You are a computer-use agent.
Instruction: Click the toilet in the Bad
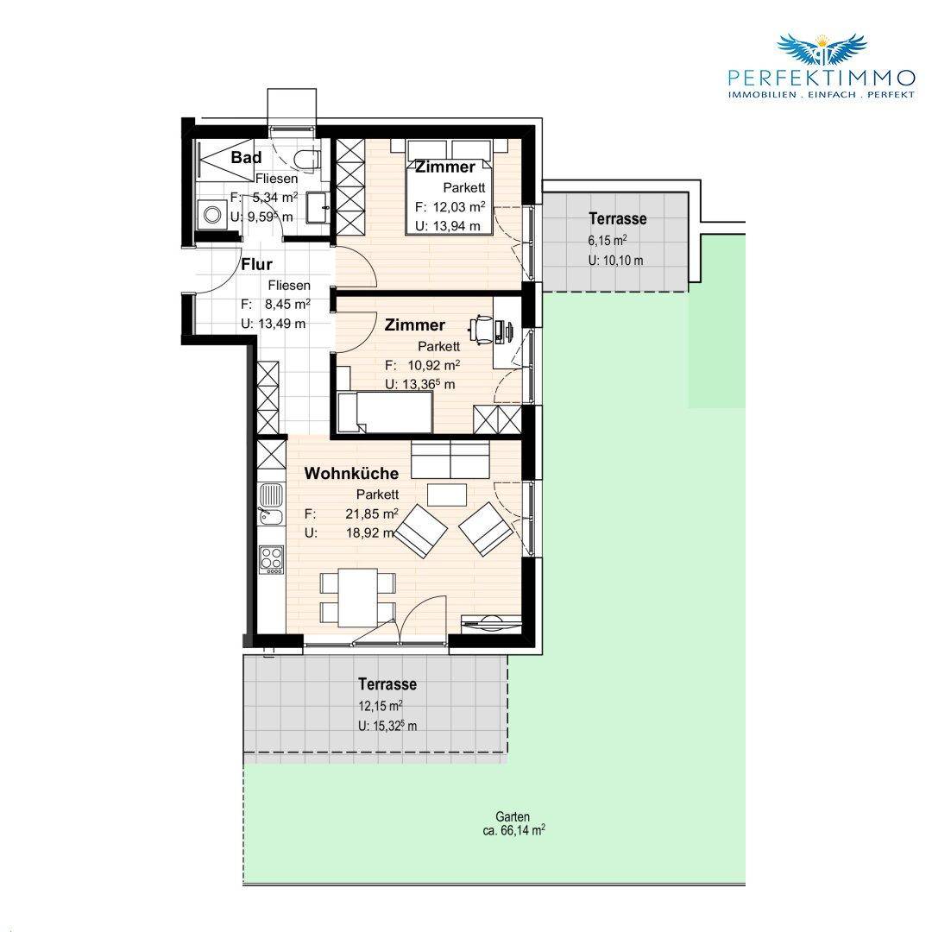307,159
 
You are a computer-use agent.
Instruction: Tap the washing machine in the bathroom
211,215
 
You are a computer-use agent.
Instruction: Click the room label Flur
257,264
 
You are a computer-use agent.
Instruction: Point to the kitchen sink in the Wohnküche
271,504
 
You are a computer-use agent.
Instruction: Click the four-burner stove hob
271,559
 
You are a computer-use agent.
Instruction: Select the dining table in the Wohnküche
358,597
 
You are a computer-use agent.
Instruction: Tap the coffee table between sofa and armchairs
447,494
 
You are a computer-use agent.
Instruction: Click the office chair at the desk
482,330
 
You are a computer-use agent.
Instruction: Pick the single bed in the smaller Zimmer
384,412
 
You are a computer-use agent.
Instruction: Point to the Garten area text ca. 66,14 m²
513,830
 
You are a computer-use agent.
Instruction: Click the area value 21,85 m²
372,513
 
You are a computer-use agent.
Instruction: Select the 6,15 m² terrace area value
608,240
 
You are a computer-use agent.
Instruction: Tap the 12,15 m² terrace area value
381,706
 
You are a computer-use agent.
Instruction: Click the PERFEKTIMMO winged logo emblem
822,49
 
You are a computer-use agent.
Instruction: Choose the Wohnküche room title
351,474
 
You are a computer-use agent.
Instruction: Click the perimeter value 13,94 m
448,226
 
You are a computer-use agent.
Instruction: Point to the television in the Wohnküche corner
491,622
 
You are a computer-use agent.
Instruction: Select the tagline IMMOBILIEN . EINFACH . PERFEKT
822,95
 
